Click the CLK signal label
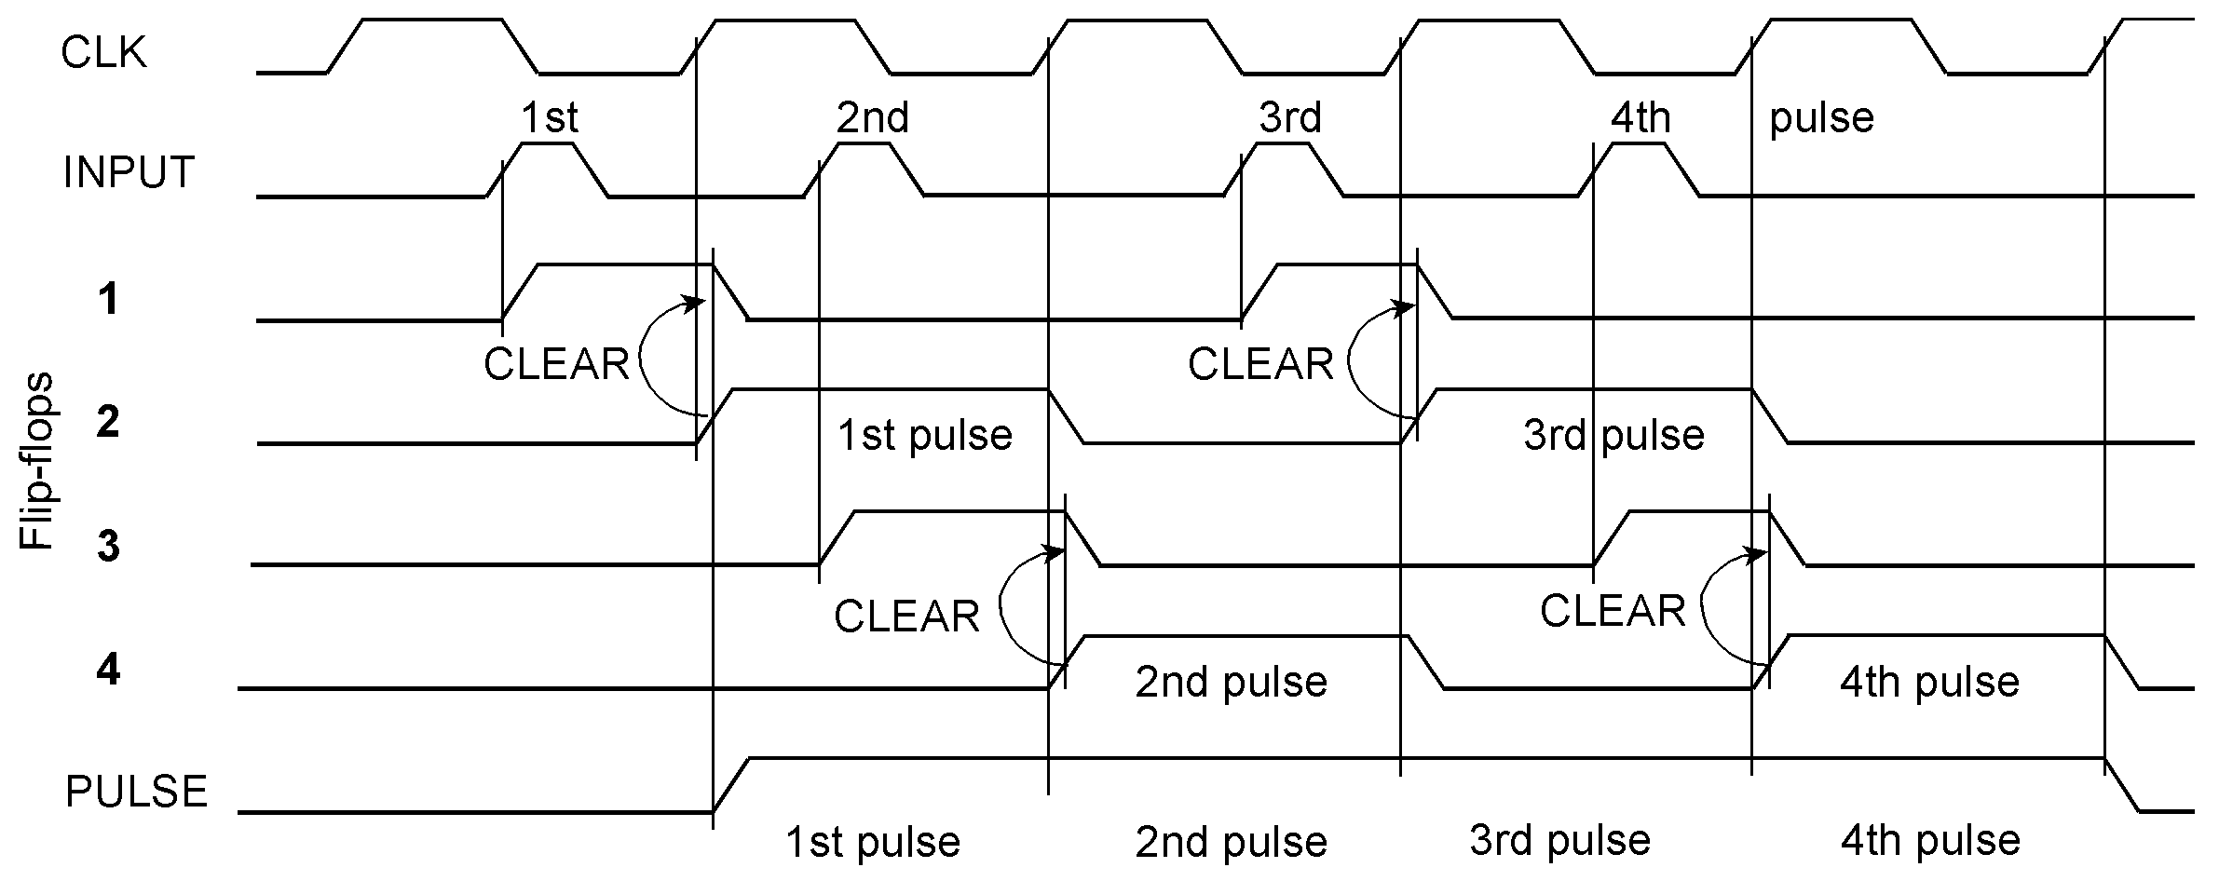pyautogui.click(x=103, y=53)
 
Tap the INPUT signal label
pyautogui.click(x=129, y=173)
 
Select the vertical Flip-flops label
pyautogui.click(x=37, y=462)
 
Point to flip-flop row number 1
pyautogui.click(x=108, y=300)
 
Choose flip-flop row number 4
pyautogui.click(x=108, y=670)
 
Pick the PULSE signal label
pyautogui.click(x=136, y=793)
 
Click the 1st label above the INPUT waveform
pyautogui.click(x=549, y=118)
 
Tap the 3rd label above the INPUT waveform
pyautogui.click(x=1290, y=118)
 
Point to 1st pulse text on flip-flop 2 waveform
pyautogui.click(x=924, y=436)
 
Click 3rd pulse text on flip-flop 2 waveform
pyautogui.click(x=1613, y=436)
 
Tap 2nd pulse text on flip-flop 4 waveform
pyautogui.click(x=1231, y=683)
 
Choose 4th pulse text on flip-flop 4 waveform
pyautogui.click(x=1929, y=683)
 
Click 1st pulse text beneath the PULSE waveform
pyautogui.click(x=873, y=843)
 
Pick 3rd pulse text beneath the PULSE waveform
pyautogui.click(x=1560, y=841)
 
